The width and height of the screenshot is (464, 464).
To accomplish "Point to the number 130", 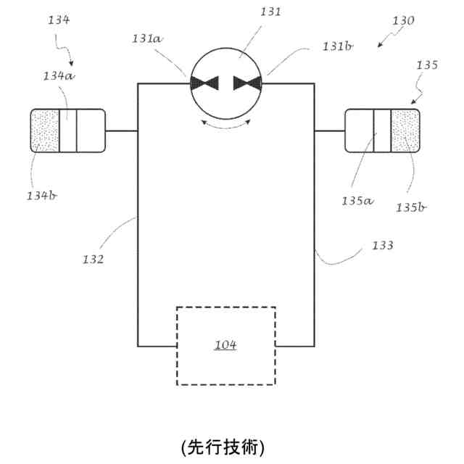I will tap(402, 21).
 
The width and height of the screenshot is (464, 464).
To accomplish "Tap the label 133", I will tap(382, 245).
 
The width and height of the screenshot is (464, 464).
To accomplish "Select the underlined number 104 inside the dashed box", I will tap(225, 345).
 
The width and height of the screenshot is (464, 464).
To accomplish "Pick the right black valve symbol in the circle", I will tap(246, 84).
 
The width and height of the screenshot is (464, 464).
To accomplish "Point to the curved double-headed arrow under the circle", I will tap(225, 125).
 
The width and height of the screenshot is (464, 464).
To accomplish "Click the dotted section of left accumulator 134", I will tap(46, 130).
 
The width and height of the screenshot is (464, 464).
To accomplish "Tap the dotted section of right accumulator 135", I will tap(405, 130).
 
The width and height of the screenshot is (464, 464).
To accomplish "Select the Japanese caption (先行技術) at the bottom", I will tap(223, 444).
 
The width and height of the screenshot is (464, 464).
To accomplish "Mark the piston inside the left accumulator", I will tap(68, 130).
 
